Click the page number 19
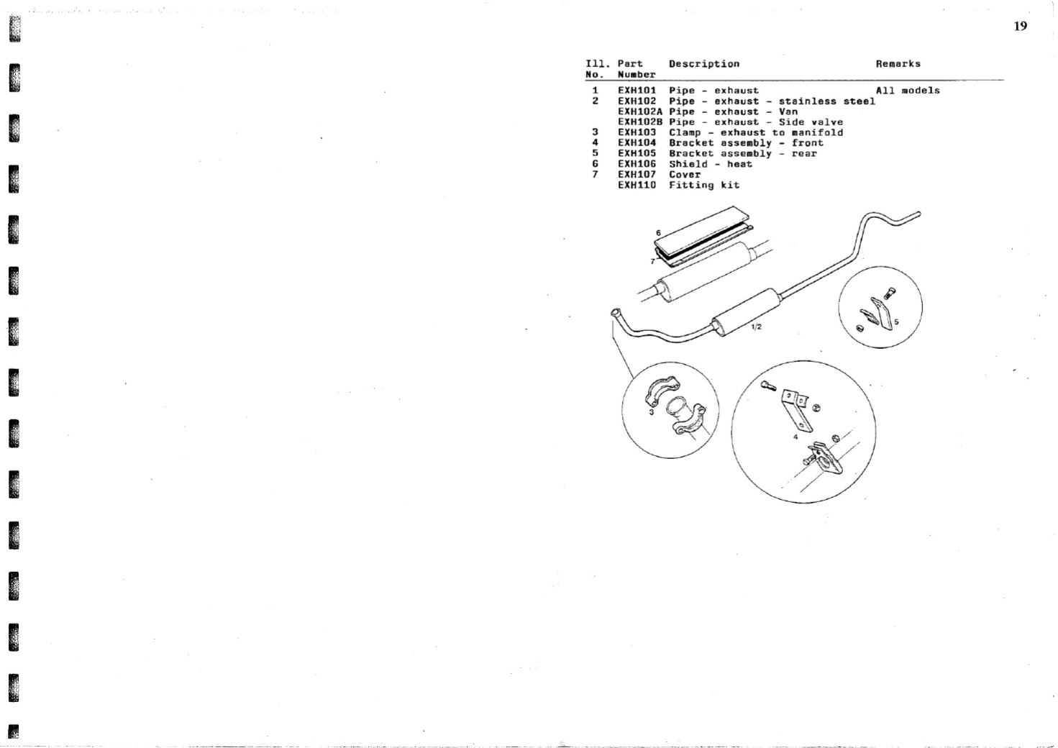1020,26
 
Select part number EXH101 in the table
637,91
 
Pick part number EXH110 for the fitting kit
637,185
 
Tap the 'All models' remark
908,91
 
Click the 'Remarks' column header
898,64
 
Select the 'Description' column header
704,64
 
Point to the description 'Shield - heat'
711,164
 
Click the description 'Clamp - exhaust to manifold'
756,132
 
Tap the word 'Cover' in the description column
685,175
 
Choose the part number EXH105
637,153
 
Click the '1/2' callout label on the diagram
756,327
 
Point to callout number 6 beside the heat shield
658,233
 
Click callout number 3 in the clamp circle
652,412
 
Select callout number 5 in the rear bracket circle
896,322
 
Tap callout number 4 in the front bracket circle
795,437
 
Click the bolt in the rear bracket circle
890,293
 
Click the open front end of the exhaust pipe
615,313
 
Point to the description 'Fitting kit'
704,185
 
